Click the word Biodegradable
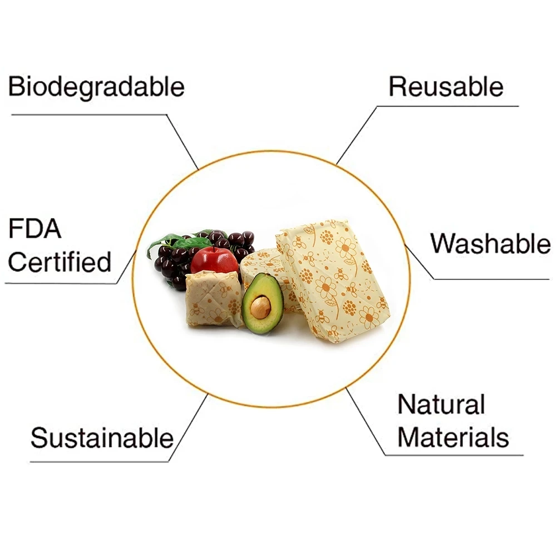[96, 87]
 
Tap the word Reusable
[446, 87]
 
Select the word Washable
[490, 244]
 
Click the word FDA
[34, 229]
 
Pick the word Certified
[60, 262]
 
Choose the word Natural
[441, 405]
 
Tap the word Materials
[453, 437]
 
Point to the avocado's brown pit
[260, 307]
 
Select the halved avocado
[263, 304]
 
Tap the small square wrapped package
[213, 299]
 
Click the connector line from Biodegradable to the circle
[183, 141]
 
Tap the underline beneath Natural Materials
[454, 455]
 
